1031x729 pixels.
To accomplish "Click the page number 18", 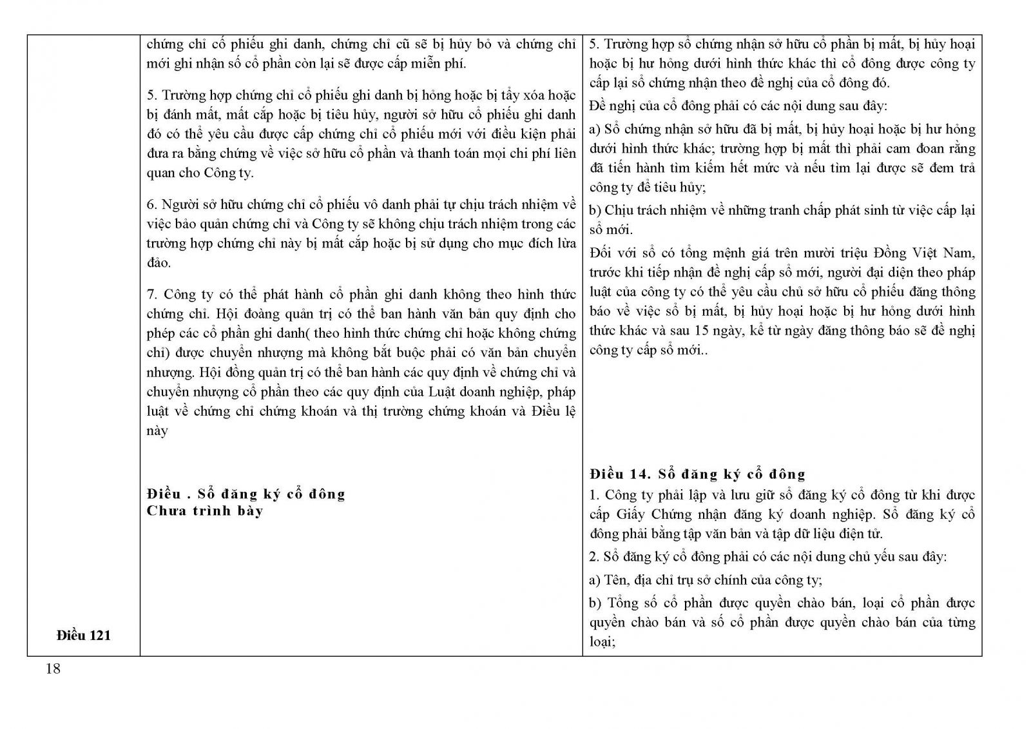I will point(53,669).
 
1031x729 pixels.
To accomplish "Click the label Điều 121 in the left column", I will point(83,635).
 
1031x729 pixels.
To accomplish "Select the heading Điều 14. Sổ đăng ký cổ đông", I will point(697,474).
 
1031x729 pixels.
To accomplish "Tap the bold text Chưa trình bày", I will point(205,511).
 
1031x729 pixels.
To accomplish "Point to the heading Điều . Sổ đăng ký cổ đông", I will point(246,494).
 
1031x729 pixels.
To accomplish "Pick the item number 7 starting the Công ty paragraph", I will point(151,295).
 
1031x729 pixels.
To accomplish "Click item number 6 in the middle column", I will point(151,205).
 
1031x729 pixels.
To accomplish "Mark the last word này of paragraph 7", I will point(157,431).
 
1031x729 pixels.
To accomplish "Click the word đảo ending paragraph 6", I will point(159,263).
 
